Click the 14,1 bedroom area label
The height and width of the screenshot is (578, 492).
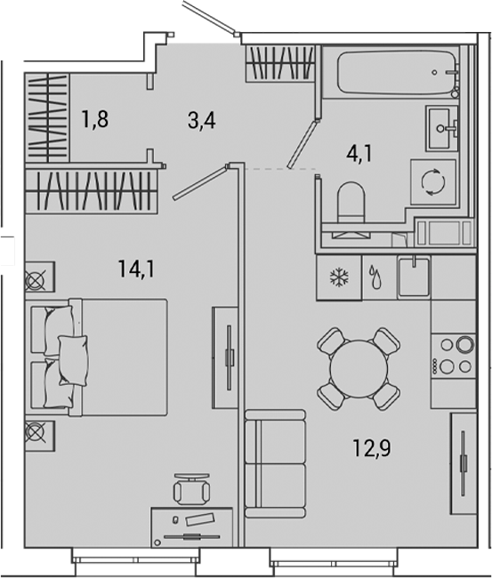[133, 266]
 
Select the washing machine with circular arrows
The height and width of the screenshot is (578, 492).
[433, 182]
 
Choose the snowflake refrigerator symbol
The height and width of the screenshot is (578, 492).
[338, 278]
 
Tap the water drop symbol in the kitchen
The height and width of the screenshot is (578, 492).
[376, 278]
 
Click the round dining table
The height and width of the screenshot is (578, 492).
[359, 368]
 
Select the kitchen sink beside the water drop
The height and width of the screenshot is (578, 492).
[414, 277]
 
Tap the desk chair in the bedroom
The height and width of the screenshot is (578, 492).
[191, 488]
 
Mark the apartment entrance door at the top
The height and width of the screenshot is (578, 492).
[210, 20]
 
